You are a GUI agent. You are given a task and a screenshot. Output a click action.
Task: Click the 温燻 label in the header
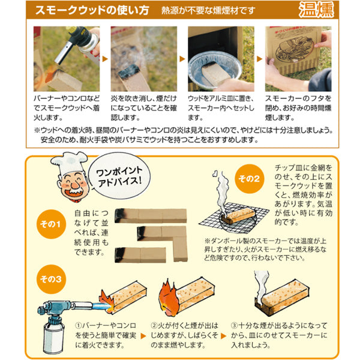[x=316, y=10]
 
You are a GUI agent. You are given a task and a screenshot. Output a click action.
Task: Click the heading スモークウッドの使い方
[x=92, y=10]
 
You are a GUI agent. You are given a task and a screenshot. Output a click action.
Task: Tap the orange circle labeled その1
[x=51, y=224]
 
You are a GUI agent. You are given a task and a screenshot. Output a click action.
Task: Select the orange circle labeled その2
[x=250, y=179]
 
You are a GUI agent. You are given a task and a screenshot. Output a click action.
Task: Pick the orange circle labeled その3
[x=51, y=279]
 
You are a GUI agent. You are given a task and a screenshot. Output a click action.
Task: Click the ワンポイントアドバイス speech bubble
[x=119, y=176]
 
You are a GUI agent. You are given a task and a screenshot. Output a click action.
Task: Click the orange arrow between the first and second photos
[x=105, y=59]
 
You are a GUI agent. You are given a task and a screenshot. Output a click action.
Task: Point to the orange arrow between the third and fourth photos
[x=259, y=59]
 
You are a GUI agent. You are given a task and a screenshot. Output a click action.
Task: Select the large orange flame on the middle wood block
[x=169, y=298]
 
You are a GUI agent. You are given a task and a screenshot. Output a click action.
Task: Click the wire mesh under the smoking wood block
[x=234, y=217]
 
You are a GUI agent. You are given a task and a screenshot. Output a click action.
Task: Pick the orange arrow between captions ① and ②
[x=143, y=336]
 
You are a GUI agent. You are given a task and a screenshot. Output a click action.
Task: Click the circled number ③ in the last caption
[x=234, y=326]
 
